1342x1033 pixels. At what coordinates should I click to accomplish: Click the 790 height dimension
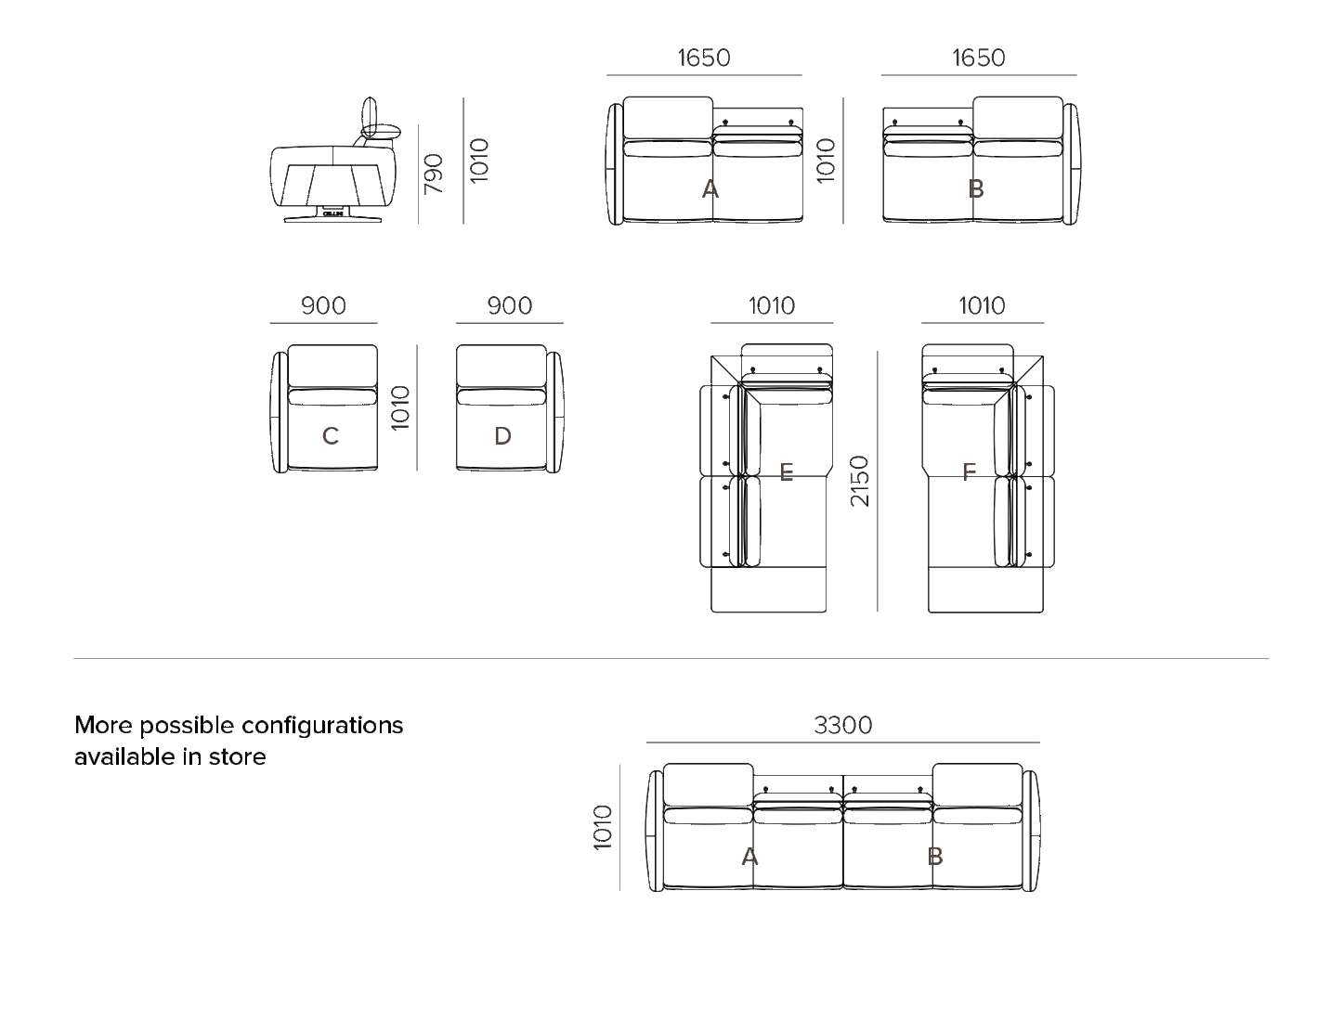pyautogui.click(x=433, y=174)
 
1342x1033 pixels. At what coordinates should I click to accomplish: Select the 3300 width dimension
pyautogui.click(x=843, y=725)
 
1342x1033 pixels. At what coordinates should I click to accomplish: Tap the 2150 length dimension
pyautogui.click(x=859, y=481)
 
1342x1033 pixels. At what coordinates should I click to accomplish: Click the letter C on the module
pyautogui.click(x=331, y=436)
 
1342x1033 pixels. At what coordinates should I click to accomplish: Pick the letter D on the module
pyautogui.click(x=502, y=436)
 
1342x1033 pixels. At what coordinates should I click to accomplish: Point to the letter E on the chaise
pyautogui.click(x=787, y=472)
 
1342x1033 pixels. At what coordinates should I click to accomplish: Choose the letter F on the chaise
pyautogui.click(x=969, y=472)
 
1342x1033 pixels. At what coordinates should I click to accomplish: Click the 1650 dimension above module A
pyautogui.click(x=704, y=58)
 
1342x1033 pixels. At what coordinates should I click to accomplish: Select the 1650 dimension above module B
pyautogui.click(x=979, y=58)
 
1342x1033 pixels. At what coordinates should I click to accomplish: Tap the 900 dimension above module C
pyautogui.click(x=323, y=305)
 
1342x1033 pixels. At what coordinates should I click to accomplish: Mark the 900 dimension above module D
pyautogui.click(x=509, y=305)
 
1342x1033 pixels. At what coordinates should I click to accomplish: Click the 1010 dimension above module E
pyautogui.click(x=771, y=305)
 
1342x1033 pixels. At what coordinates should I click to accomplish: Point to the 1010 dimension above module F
pyautogui.click(x=982, y=305)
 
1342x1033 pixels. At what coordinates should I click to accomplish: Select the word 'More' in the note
pyautogui.click(x=97, y=725)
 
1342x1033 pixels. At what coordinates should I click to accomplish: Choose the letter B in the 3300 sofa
pyautogui.click(x=935, y=857)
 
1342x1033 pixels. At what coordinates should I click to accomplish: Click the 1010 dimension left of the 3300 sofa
pyautogui.click(x=603, y=826)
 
